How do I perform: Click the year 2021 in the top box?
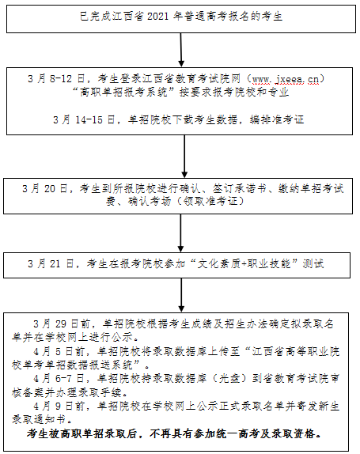[157, 16]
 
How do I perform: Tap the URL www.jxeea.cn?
[286, 79]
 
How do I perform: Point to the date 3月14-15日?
[84, 119]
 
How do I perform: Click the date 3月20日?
[45, 189]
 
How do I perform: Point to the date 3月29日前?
[62, 323]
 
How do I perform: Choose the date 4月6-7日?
[59, 378]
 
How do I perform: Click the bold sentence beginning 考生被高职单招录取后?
[174, 433]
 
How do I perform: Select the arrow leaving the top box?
[181, 50]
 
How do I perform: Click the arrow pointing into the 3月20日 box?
[184, 157]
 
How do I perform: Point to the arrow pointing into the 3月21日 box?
[180, 233]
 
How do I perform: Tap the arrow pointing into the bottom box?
[181, 295]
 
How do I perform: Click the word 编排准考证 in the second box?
[277, 119]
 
